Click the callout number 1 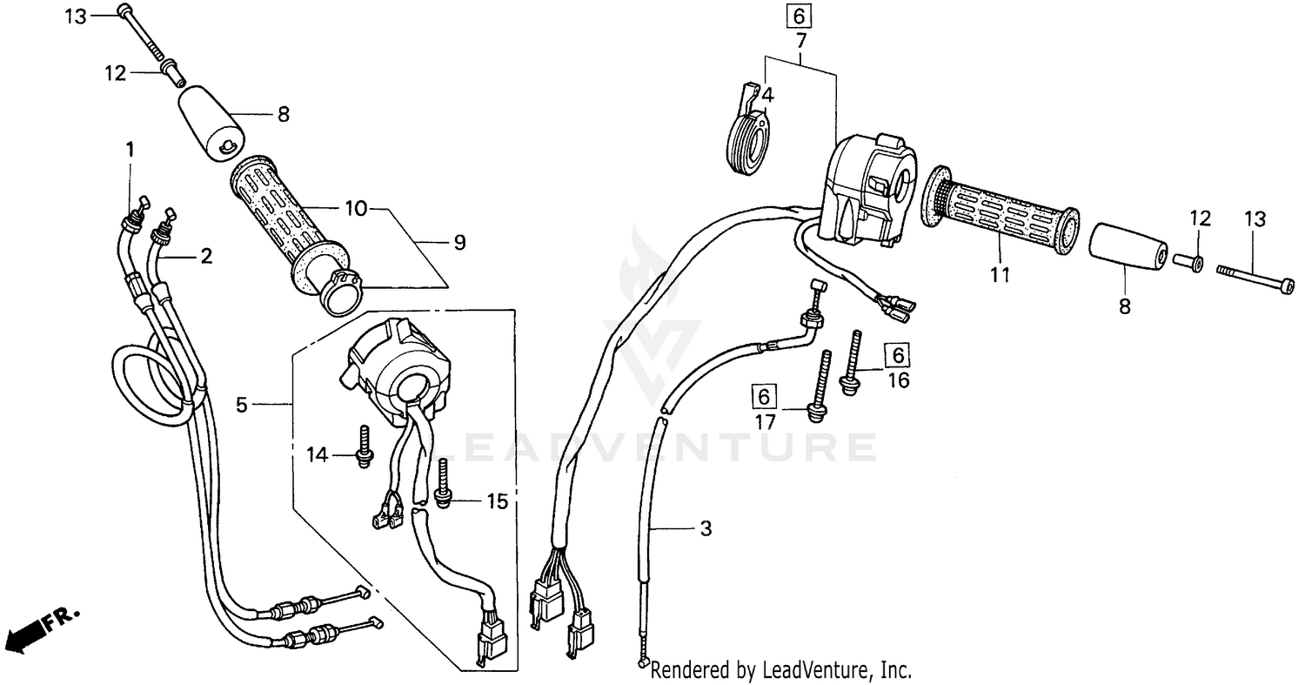[x=130, y=149]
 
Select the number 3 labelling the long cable [x=706, y=528]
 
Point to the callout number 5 [x=242, y=404]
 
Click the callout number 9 [x=459, y=242]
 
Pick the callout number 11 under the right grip [x=1000, y=275]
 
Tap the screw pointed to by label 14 [x=364, y=447]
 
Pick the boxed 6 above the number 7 [x=800, y=16]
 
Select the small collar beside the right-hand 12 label [x=1189, y=261]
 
